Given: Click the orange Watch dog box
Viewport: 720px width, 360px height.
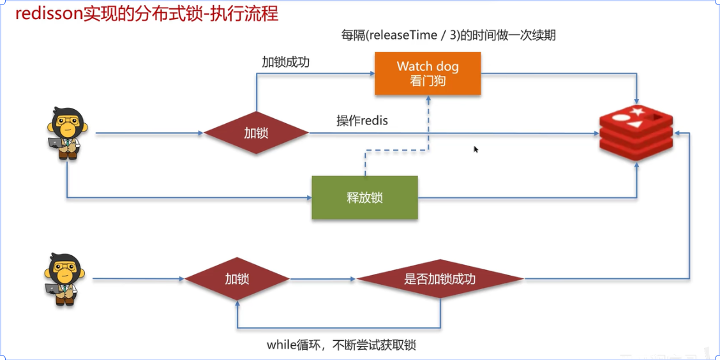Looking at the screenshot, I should (x=427, y=73).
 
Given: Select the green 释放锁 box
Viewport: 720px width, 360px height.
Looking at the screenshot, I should (x=364, y=197).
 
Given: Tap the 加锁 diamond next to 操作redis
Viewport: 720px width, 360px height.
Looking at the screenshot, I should (x=256, y=133).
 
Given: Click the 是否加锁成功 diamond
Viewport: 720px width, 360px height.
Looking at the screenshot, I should (x=440, y=279).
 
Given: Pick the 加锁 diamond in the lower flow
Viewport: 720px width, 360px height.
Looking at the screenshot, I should (x=237, y=279).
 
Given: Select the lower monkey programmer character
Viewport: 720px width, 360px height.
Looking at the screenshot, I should (x=64, y=279).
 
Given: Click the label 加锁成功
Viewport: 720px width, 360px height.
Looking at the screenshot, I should (x=286, y=63).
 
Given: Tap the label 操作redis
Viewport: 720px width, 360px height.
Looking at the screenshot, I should (x=362, y=121).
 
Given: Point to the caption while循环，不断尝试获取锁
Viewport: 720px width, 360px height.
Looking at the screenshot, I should (x=341, y=345).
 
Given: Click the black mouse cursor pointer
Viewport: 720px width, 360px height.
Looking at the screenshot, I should (x=476, y=149).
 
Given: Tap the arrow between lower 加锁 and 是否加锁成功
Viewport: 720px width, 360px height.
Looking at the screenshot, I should (x=322, y=279).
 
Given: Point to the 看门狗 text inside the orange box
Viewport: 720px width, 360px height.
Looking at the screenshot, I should (x=427, y=81).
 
